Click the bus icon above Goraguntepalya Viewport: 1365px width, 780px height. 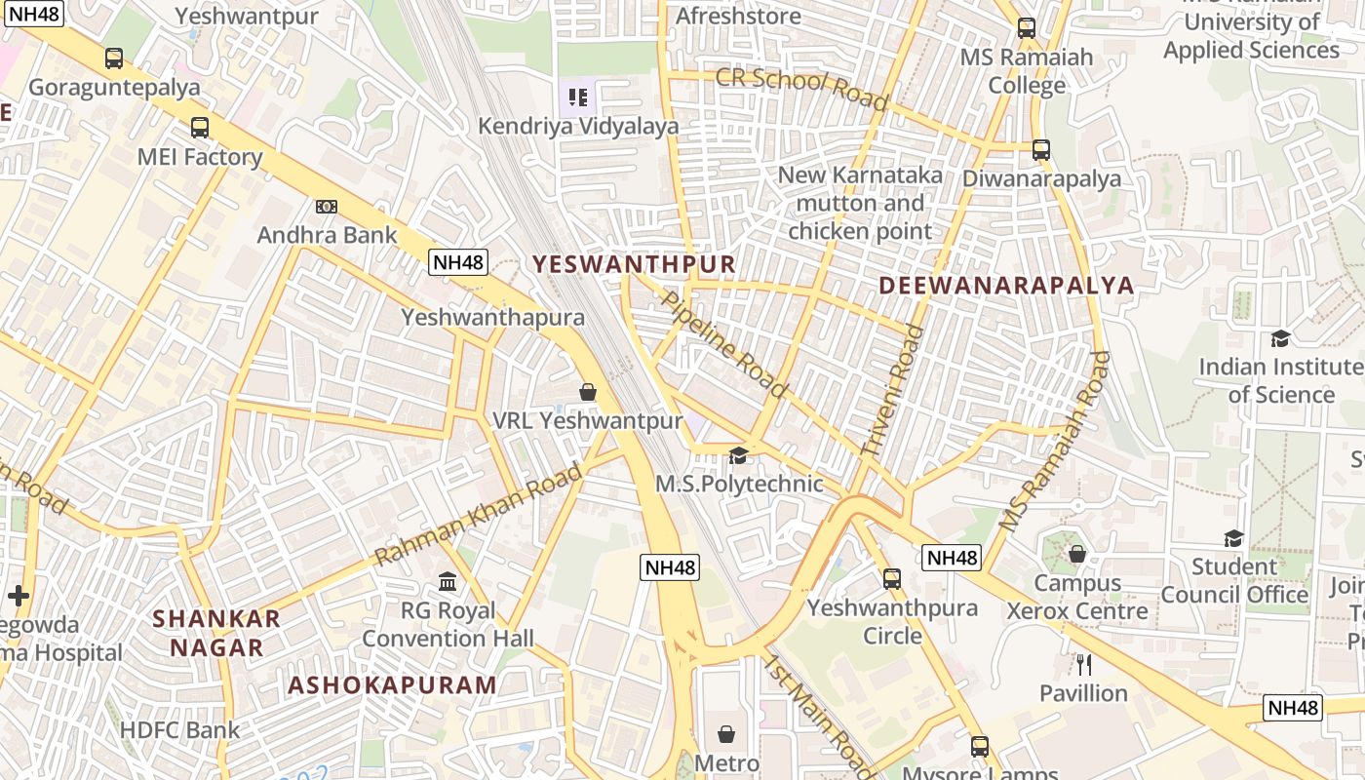tap(114, 58)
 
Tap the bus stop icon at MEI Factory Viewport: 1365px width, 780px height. tap(200, 128)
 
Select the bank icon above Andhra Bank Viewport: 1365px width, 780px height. tap(327, 206)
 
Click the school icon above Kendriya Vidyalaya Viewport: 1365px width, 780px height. tap(578, 97)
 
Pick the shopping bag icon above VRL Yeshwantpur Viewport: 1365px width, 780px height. tap(588, 392)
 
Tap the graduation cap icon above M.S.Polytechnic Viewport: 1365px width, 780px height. tap(738, 455)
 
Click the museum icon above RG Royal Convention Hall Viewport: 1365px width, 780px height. tap(448, 582)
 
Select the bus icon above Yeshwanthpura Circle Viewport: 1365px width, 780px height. tap(892, 579)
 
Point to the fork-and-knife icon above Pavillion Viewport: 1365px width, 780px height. tap(1083, 665)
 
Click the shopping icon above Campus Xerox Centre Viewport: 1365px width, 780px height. tap(1077, 554)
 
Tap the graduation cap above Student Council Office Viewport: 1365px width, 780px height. tap(1233, 538)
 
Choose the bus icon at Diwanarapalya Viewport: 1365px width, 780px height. tap(1041, 150)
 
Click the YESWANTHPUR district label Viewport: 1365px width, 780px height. tap(634, 264)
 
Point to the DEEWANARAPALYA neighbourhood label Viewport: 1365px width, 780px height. tap(1006, 286)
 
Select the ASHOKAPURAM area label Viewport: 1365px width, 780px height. tap(392, 684)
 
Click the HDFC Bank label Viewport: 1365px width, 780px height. tap(179, 730)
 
